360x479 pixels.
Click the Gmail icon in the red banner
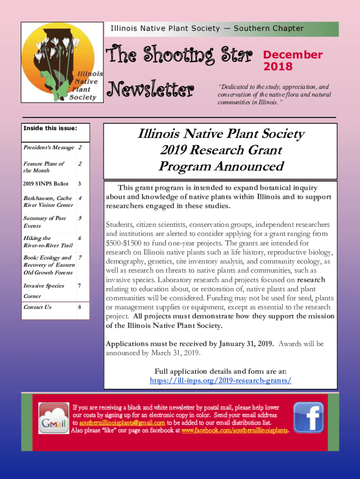click(54, 418)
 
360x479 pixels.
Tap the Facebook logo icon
click(308, 417)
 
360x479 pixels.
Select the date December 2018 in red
click(293, 60)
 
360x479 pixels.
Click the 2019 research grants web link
click(220, 380)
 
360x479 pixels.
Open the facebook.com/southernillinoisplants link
click(235, 430)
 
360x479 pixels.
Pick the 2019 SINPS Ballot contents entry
click(43, 183)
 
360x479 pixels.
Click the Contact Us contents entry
click(37, 307)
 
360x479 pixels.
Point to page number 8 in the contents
click(80, 307)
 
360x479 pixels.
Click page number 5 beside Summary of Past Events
click(80, 218)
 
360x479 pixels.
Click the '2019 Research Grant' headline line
click(221, 150)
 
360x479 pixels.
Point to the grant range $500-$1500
click(125, 243)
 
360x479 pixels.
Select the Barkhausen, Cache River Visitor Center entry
click(48, 202)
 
